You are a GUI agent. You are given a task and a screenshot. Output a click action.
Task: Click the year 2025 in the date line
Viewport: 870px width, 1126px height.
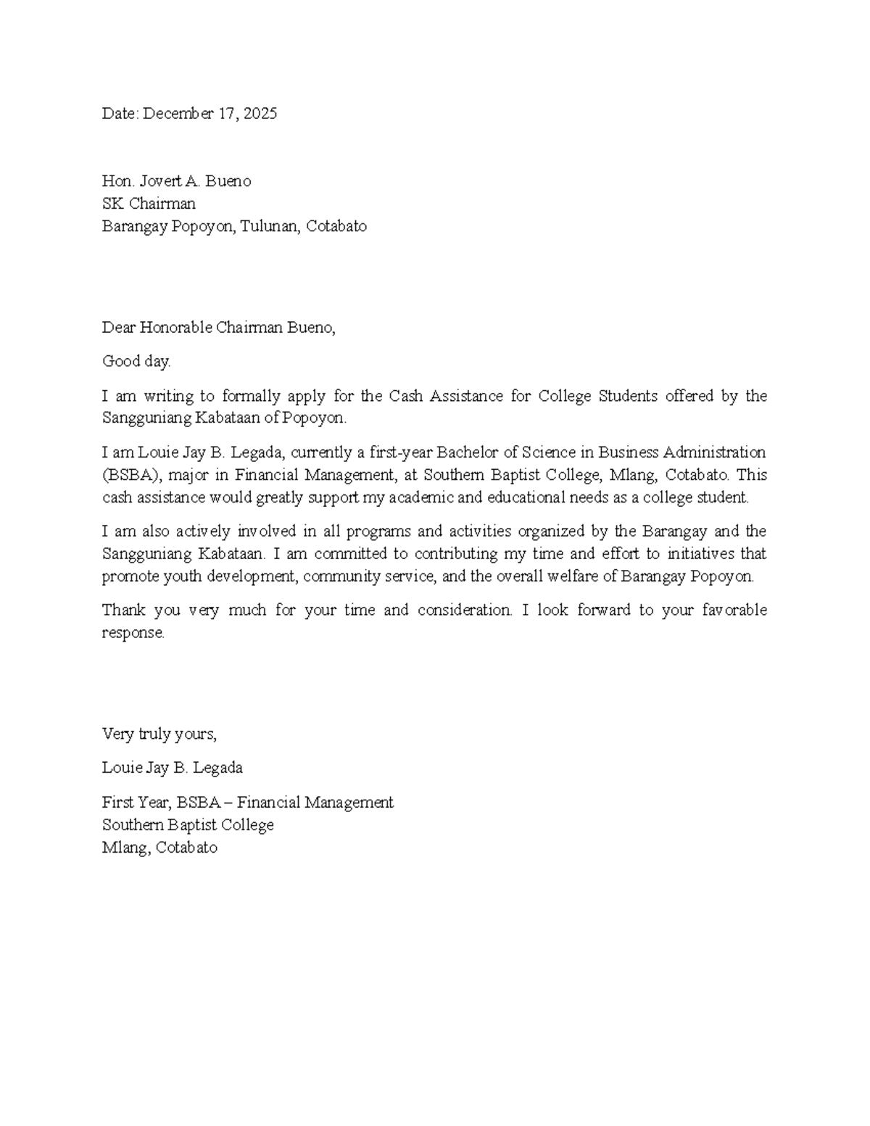[260, 114]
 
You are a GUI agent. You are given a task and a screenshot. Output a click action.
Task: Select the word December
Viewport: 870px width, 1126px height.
[178, 114]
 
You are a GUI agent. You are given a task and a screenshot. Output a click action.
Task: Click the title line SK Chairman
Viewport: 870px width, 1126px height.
[149, 204]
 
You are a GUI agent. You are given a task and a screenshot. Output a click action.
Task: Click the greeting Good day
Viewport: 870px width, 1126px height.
[136, 361]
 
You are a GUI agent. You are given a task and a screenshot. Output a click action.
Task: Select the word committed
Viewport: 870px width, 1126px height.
[351, 554]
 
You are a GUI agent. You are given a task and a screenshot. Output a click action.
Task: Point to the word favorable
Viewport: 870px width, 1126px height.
[734, 610]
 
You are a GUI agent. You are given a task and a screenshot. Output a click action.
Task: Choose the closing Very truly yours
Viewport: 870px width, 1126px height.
[159, 734]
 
